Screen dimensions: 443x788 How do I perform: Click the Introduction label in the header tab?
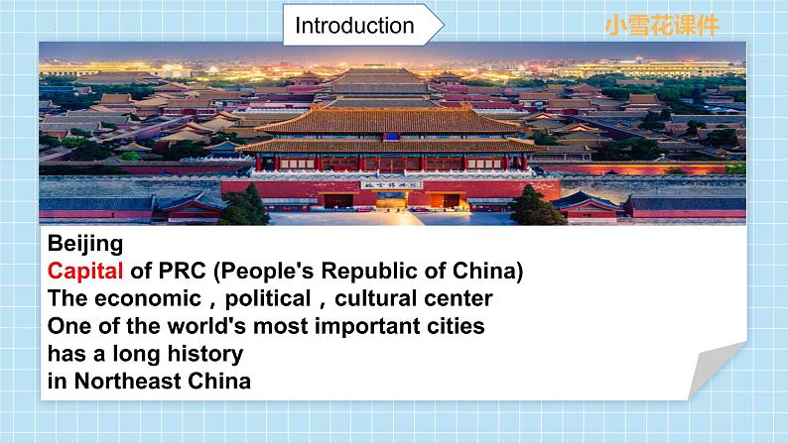354,26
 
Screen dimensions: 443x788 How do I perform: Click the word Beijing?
85,243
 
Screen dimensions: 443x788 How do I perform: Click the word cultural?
388,298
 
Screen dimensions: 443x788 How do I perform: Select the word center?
462,298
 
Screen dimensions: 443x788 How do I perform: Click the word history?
207,354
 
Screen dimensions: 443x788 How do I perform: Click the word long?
135,354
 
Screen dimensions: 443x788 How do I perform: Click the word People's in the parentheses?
280,271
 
